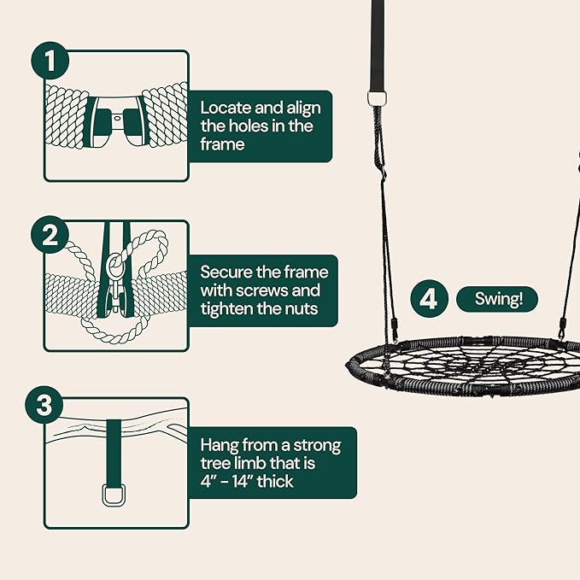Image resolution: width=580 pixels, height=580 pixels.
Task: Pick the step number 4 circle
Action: pyautogui.click(x=429, y=299)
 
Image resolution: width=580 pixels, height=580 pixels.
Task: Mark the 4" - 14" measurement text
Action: pyautogui.click(x=232, y=482)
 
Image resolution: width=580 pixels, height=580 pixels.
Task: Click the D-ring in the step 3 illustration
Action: pyautogui.click(x=115, y=495)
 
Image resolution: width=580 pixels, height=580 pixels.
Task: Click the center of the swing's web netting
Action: pyautogui.click(x=466, y=366)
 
